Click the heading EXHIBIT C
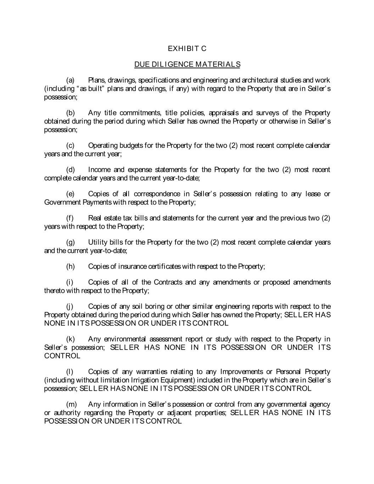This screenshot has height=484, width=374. click(187, 49)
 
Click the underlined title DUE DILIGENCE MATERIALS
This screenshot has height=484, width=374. click(187, 65)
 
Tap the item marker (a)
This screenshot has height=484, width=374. click(70, 80)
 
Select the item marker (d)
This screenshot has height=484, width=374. click(70, 170)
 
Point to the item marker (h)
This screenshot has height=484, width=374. click(70, 266)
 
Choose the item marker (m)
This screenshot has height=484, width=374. click(71, 404)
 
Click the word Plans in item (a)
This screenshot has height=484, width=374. click(96, 80)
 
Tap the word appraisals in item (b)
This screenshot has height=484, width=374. click(225, 113)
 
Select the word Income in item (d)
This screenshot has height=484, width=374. click(99, 170)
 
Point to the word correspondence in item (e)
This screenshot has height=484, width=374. click(151, 194)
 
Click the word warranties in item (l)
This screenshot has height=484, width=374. click(150, 372)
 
